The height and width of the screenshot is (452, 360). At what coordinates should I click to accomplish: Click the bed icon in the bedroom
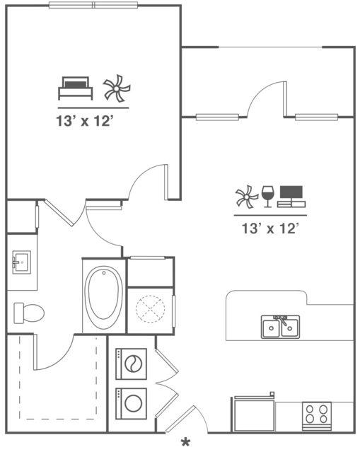click(75, 88)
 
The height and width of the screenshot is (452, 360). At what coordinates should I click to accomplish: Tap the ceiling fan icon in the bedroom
click(117, 88)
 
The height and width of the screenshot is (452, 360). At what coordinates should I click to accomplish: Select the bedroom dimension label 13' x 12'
click(84, 121)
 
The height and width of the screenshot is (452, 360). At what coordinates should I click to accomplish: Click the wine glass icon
click(268, 197)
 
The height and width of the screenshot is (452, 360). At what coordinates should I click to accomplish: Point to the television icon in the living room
click(291, 197)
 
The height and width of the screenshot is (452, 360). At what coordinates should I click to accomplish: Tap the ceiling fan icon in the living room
click(247, 197)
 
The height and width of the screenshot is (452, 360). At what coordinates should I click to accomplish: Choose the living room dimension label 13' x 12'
click(269, 228)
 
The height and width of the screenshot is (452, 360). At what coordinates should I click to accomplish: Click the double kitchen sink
click(281, 327)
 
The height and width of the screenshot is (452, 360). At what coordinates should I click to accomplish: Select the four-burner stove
click(316, 416)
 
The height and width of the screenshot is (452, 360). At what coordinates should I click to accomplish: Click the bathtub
click(103, 297)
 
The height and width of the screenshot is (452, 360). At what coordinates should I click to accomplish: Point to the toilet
click(29, 313)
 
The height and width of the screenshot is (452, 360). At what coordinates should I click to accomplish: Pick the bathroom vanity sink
click(22, 262)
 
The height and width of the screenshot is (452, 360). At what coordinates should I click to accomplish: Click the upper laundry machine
click(131, 364)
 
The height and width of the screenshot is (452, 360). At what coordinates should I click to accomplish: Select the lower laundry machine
click(131, 404)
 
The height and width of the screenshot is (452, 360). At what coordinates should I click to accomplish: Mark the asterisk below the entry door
click(185, 441)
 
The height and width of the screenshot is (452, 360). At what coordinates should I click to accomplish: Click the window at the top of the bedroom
click(93, 5)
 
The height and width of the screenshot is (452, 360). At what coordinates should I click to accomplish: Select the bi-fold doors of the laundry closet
click(167, 383)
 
